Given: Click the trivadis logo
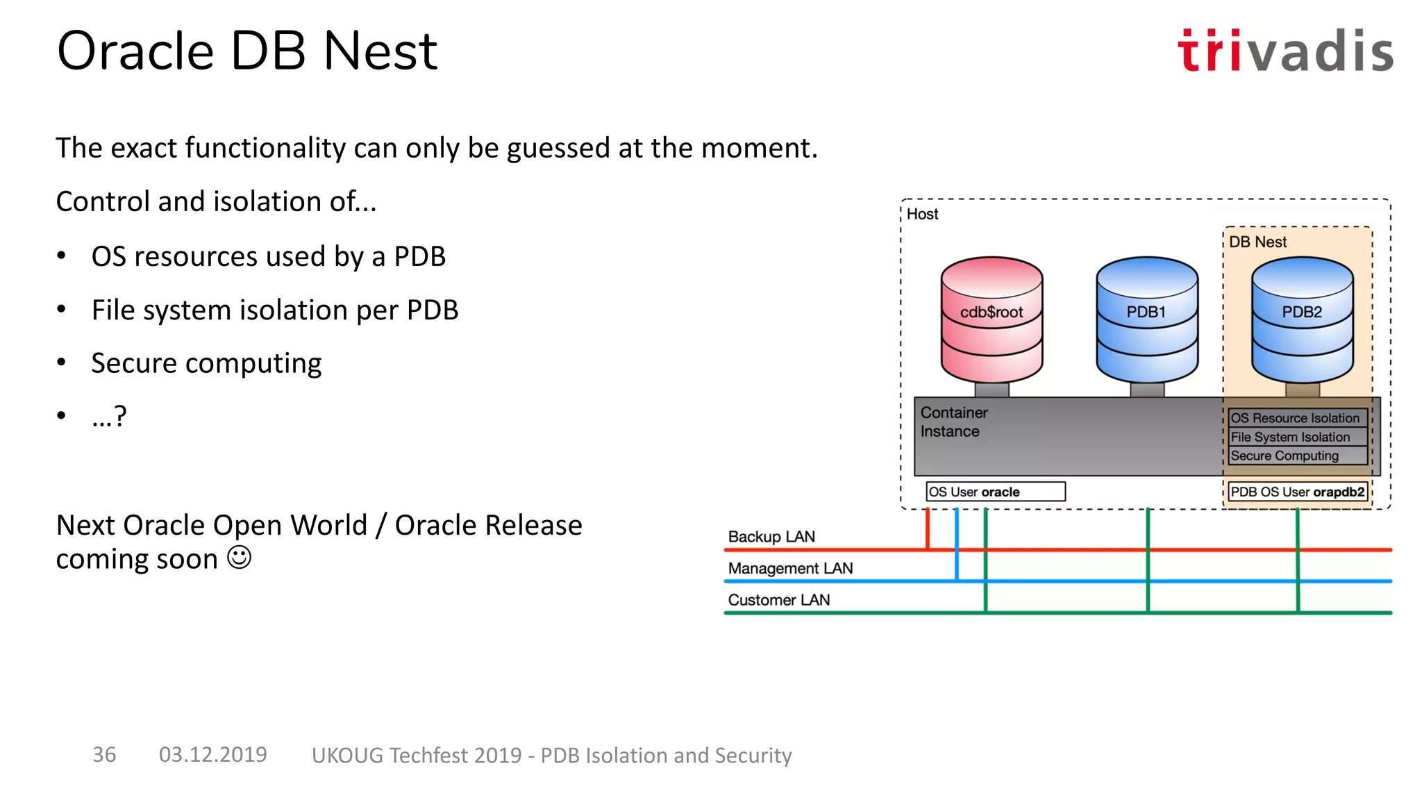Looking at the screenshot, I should coord(1285,51).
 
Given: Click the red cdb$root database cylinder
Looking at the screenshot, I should coord(992,319).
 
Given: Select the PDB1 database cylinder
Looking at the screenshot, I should coord(1146,319).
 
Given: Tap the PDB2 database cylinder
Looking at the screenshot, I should coord(1302,319).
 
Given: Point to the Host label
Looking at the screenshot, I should coord(922,214).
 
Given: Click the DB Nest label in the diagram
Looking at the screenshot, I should coord(1257,242).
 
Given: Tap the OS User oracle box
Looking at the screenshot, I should coord(995,492).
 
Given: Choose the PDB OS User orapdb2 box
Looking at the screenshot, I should coord(1297,492).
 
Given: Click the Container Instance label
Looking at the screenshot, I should coord(953,422).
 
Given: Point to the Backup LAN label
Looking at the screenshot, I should coord(771,537).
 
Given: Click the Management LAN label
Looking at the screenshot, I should coord(790,568).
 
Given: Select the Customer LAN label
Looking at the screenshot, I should coord(778,600).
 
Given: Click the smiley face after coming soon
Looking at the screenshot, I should coord(240,558).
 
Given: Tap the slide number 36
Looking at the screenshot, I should coord(104,755).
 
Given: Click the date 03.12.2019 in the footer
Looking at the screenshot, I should coord(212,755).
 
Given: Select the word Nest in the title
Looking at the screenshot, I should coord(380,51).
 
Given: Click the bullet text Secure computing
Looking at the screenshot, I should coord(206,363).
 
